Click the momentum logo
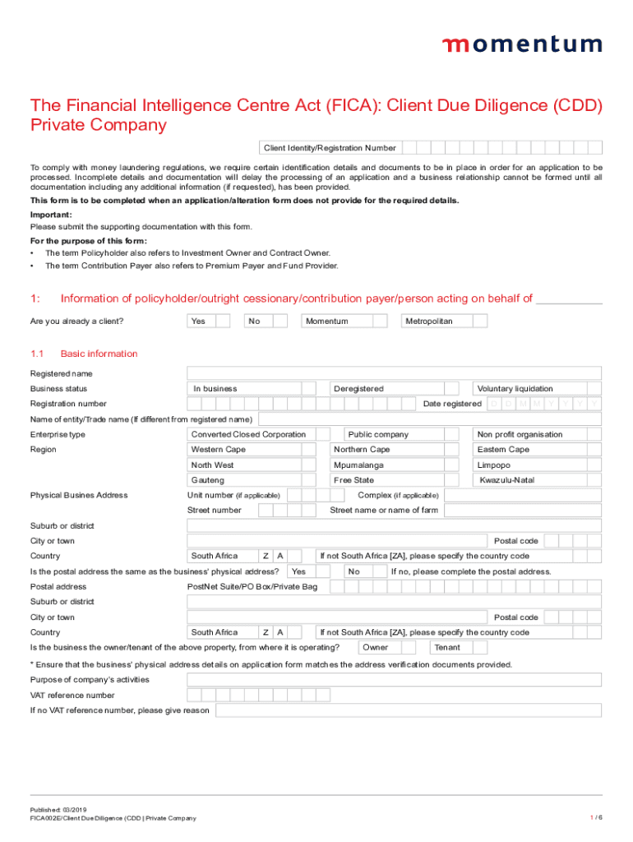[x=521, y=44]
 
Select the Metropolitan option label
[x=428, y=322]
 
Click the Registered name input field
[x=394, y=373]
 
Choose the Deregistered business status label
[x=358, y=389]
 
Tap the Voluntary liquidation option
[x=515, y=389]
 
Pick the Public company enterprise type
[x=378, y=434]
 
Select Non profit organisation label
[x=520, y=434]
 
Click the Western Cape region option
[x=218, y=450]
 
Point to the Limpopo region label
[x=493, y=465]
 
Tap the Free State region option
[x=353, y=480]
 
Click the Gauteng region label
[x=207, y=480]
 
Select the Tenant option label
[x=447, y=648]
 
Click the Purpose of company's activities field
[x=394, y=680]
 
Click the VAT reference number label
[x=72, y=696]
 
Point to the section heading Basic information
[x=99, y=354]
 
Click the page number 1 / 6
[x=596, y=817]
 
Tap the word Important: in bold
[x=51, y=215]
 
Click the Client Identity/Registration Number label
[x=329, y=148]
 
